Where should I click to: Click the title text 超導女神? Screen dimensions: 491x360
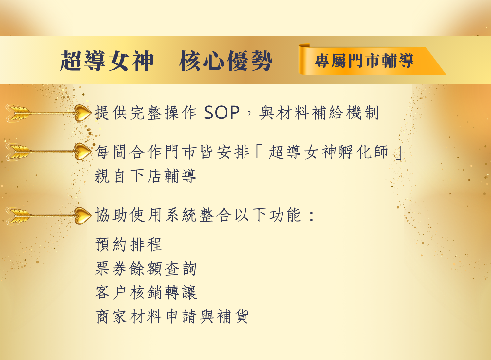point(107,61)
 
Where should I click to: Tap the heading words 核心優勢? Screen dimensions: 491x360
point(226,61)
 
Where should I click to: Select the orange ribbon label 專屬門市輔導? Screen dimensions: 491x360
point(364,61)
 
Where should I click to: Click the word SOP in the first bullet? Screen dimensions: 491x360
point(222,113)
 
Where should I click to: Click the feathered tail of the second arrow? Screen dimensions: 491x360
point(18,152)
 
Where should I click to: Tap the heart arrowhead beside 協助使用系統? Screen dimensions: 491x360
point(83,216)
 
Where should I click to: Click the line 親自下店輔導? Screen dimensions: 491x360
point(146,176)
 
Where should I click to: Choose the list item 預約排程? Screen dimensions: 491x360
point(129,244)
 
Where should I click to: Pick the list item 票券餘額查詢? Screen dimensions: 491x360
point(146,268)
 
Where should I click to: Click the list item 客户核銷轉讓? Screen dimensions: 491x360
point(146,292)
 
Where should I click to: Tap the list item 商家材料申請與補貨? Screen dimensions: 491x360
point(172,316)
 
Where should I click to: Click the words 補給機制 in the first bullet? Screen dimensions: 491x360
point(345,113)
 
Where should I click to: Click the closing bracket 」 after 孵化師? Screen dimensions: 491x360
point(399,153)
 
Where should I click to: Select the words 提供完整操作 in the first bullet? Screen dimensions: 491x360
point(146,113)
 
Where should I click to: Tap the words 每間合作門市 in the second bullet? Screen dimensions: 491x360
point(146,152)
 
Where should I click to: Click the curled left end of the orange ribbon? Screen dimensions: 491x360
point(304,59)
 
